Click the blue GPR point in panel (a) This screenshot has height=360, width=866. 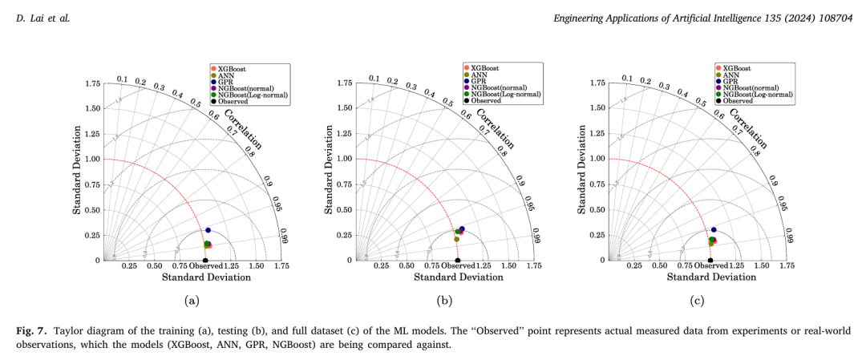click(208, 230)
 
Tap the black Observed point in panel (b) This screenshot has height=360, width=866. click(458, 261)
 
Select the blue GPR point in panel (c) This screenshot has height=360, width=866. click(714, 230)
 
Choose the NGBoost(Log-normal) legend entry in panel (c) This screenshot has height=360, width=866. click(757, 94)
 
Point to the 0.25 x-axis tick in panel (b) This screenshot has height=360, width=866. click(382, 265)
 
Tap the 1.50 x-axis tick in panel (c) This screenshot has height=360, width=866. click(762, 265)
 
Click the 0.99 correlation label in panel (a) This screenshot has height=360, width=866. click(283, 235)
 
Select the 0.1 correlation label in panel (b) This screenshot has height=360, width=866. click(374, 79)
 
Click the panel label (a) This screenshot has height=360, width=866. click(192, 301)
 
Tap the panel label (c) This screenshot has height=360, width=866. click(697, 301)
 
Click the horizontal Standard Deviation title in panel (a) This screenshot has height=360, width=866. click(206, 277)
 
